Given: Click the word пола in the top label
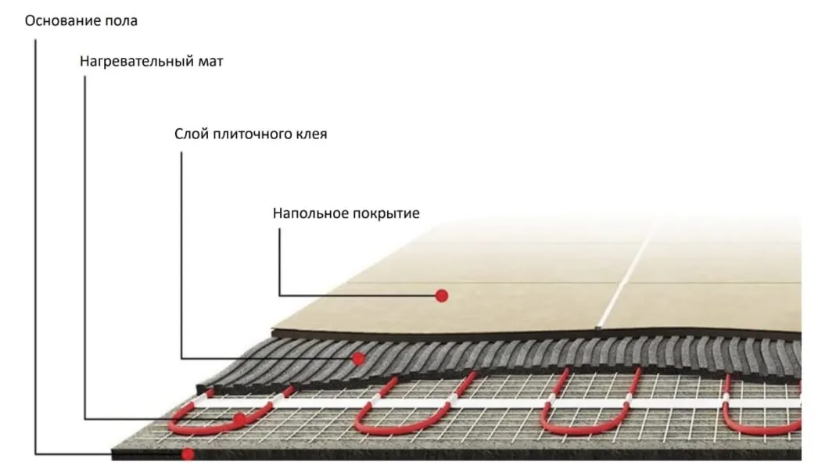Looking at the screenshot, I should pos(121,21).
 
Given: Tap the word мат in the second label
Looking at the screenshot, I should pos(209,62).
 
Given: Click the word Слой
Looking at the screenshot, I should pos(191,134).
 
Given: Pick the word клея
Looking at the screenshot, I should pos(310,134).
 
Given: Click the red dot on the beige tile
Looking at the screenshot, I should pos(441,295).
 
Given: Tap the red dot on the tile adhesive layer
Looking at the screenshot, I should pos(358,359).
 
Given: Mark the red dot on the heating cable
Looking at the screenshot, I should pos(240,420).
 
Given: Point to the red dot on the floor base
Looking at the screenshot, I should pos(188,453).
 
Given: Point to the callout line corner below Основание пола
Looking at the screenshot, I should pos(35,453).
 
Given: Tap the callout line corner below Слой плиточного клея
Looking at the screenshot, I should pos(181,359).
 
